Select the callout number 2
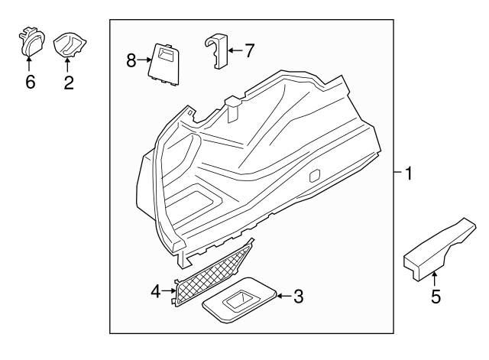coord(69,82)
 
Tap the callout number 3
coord(298,297)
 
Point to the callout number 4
coord(156,291)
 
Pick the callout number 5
coord(436,297)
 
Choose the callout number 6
coord(31,82)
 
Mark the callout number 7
coord(248,51)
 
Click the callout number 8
coord(131,59)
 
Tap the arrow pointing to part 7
coord(234,51)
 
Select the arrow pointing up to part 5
coord(436,279)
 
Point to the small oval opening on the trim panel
coord(314,176)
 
